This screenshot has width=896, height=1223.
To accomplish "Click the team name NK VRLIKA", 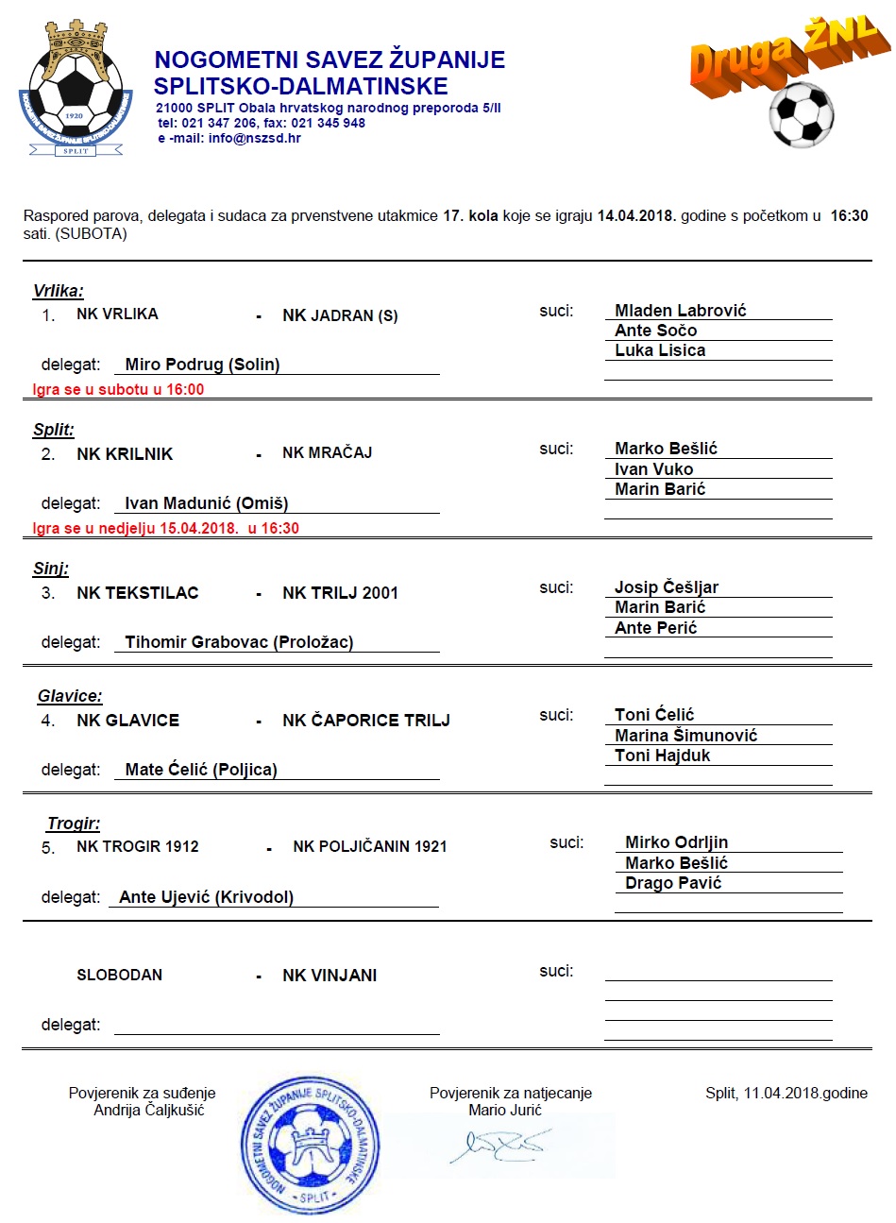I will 117,314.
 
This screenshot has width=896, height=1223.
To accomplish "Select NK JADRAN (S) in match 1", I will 340,315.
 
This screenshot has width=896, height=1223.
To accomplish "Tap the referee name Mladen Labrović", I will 680,311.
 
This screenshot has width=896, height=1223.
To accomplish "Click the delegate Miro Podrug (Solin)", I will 202,365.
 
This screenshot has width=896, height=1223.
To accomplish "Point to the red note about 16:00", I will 118,389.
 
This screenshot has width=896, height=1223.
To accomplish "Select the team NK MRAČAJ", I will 327,453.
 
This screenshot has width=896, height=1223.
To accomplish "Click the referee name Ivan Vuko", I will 653,469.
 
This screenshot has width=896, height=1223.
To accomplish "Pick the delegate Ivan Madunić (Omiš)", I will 206,503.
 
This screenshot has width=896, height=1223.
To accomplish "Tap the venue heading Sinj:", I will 51,569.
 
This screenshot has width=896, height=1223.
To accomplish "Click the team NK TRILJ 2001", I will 340,593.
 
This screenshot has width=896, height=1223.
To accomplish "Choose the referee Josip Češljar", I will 667,587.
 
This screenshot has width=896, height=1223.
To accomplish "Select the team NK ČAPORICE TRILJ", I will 366,721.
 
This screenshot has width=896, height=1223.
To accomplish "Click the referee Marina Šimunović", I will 685,736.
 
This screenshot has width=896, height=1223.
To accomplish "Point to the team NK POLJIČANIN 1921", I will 369,847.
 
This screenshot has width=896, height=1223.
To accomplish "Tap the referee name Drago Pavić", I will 673,883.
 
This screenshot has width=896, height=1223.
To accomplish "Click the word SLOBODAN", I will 119,976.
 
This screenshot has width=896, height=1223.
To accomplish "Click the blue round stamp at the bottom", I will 311,1145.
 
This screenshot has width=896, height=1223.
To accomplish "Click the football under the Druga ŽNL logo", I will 802,114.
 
